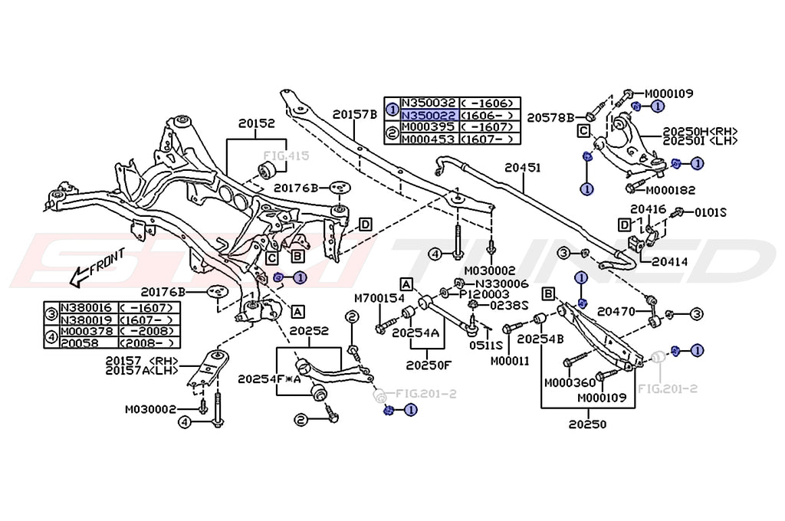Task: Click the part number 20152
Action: (256, 123)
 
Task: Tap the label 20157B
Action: (354, 114)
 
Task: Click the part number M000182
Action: (669, 189)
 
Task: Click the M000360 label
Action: (569, 382)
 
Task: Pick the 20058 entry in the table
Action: (79, 342)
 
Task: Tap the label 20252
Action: (309, 331)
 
